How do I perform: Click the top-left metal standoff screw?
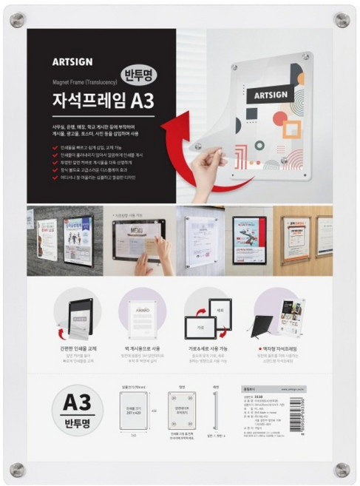(x=17, y=19)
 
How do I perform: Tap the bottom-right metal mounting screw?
(x=342, y=469)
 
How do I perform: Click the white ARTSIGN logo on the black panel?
(x=72, y=61)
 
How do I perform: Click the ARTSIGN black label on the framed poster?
(x=273, y=95)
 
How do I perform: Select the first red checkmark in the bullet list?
(x=56, y=147)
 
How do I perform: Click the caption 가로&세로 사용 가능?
(x=209, y=346)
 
